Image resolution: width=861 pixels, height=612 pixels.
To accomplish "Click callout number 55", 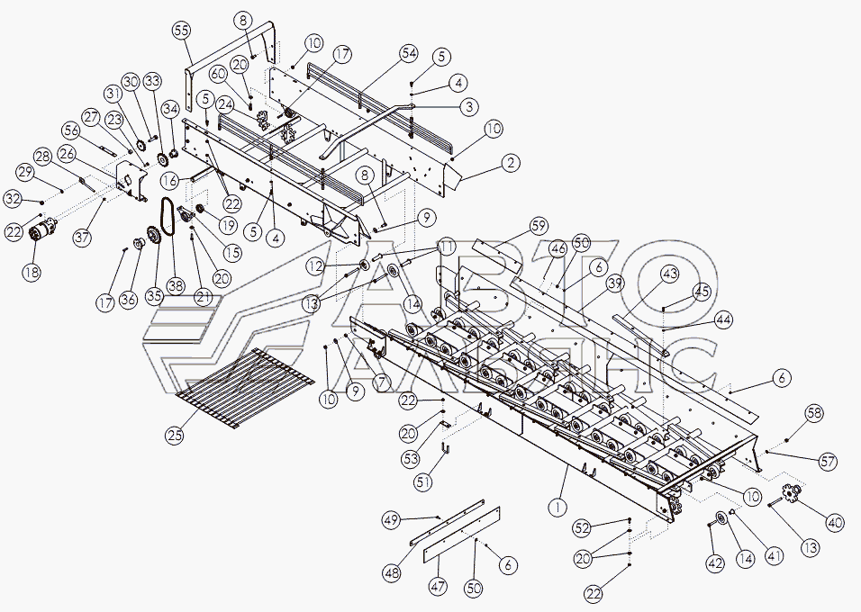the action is [182, 31].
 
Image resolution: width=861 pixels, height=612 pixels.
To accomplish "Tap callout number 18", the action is [32, 271].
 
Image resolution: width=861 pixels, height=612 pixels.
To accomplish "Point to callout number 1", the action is [557, 508].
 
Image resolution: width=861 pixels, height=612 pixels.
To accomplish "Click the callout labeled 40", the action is [835, 523].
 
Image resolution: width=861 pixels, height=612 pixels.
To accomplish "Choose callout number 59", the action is [539, 226].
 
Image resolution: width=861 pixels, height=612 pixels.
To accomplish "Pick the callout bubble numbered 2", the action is [511, 163].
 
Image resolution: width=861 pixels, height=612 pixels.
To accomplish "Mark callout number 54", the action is [408, 54].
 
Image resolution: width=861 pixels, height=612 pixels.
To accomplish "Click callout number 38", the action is [177, 285].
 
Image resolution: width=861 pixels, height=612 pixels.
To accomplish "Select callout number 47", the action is [439, 586].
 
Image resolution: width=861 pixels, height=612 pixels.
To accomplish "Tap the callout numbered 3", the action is [469, 106].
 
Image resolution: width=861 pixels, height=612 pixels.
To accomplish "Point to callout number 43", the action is [670, 274].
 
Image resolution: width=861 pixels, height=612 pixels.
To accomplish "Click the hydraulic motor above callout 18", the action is [43, 232].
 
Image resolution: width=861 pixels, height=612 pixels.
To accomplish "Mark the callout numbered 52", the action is [582, 528].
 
